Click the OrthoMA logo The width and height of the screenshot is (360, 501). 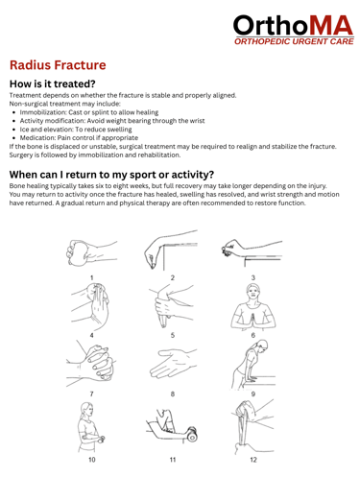(x=294, y=30)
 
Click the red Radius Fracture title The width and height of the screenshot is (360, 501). (x=58, y=65)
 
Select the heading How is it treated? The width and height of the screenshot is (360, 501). (x=53, y=83)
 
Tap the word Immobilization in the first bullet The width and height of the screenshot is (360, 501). (x=42, y=112)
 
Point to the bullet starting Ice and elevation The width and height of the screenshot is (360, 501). (x=76, y=130)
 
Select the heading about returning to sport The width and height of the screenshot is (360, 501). (x=111, y=175)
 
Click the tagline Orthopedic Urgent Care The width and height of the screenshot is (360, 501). (x=294, y=41)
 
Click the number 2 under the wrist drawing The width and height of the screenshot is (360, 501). (x=173, y=277)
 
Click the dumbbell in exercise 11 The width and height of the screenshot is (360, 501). (x=192, y=434)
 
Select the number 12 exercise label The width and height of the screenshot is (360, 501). (x=253, y=460)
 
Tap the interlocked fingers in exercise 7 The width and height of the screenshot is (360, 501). (x=100, y=363)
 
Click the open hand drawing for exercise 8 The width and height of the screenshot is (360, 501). (x=172, y=363)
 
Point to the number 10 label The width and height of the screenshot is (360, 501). (x=92, y=460)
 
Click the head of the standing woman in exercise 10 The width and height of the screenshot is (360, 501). (x=86, y=410)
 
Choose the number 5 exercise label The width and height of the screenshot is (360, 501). (x=173, y=335)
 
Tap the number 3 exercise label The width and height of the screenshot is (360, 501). (x=253, y=277)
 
